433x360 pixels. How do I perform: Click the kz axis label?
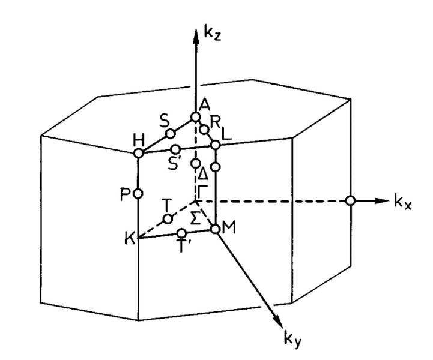212,34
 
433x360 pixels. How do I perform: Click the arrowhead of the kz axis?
196,36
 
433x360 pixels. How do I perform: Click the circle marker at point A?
196,117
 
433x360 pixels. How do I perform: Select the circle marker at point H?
139,153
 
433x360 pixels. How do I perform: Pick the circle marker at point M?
215,229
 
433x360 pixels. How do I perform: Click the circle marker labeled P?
138,194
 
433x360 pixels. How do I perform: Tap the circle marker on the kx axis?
351,200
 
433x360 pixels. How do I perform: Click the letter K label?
129,238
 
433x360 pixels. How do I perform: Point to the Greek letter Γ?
202,190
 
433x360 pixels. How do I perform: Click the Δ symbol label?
203,174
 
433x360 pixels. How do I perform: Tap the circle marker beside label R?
204,130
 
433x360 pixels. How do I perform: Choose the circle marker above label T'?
181,233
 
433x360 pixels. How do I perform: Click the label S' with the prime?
174,164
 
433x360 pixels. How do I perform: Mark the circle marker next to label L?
215,145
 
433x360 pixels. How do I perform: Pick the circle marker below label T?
168,220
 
